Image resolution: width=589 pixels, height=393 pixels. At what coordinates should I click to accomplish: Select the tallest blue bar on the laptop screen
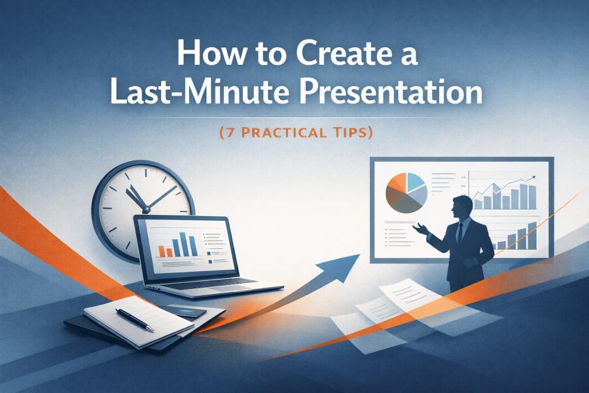pyautogui.click(x=193, y=244)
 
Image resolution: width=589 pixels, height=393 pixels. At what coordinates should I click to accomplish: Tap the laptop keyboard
pyautogui.click(x=216, y=284)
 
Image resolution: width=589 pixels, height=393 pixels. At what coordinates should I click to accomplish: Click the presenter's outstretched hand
pyautogui.click(x=419, y=229)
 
